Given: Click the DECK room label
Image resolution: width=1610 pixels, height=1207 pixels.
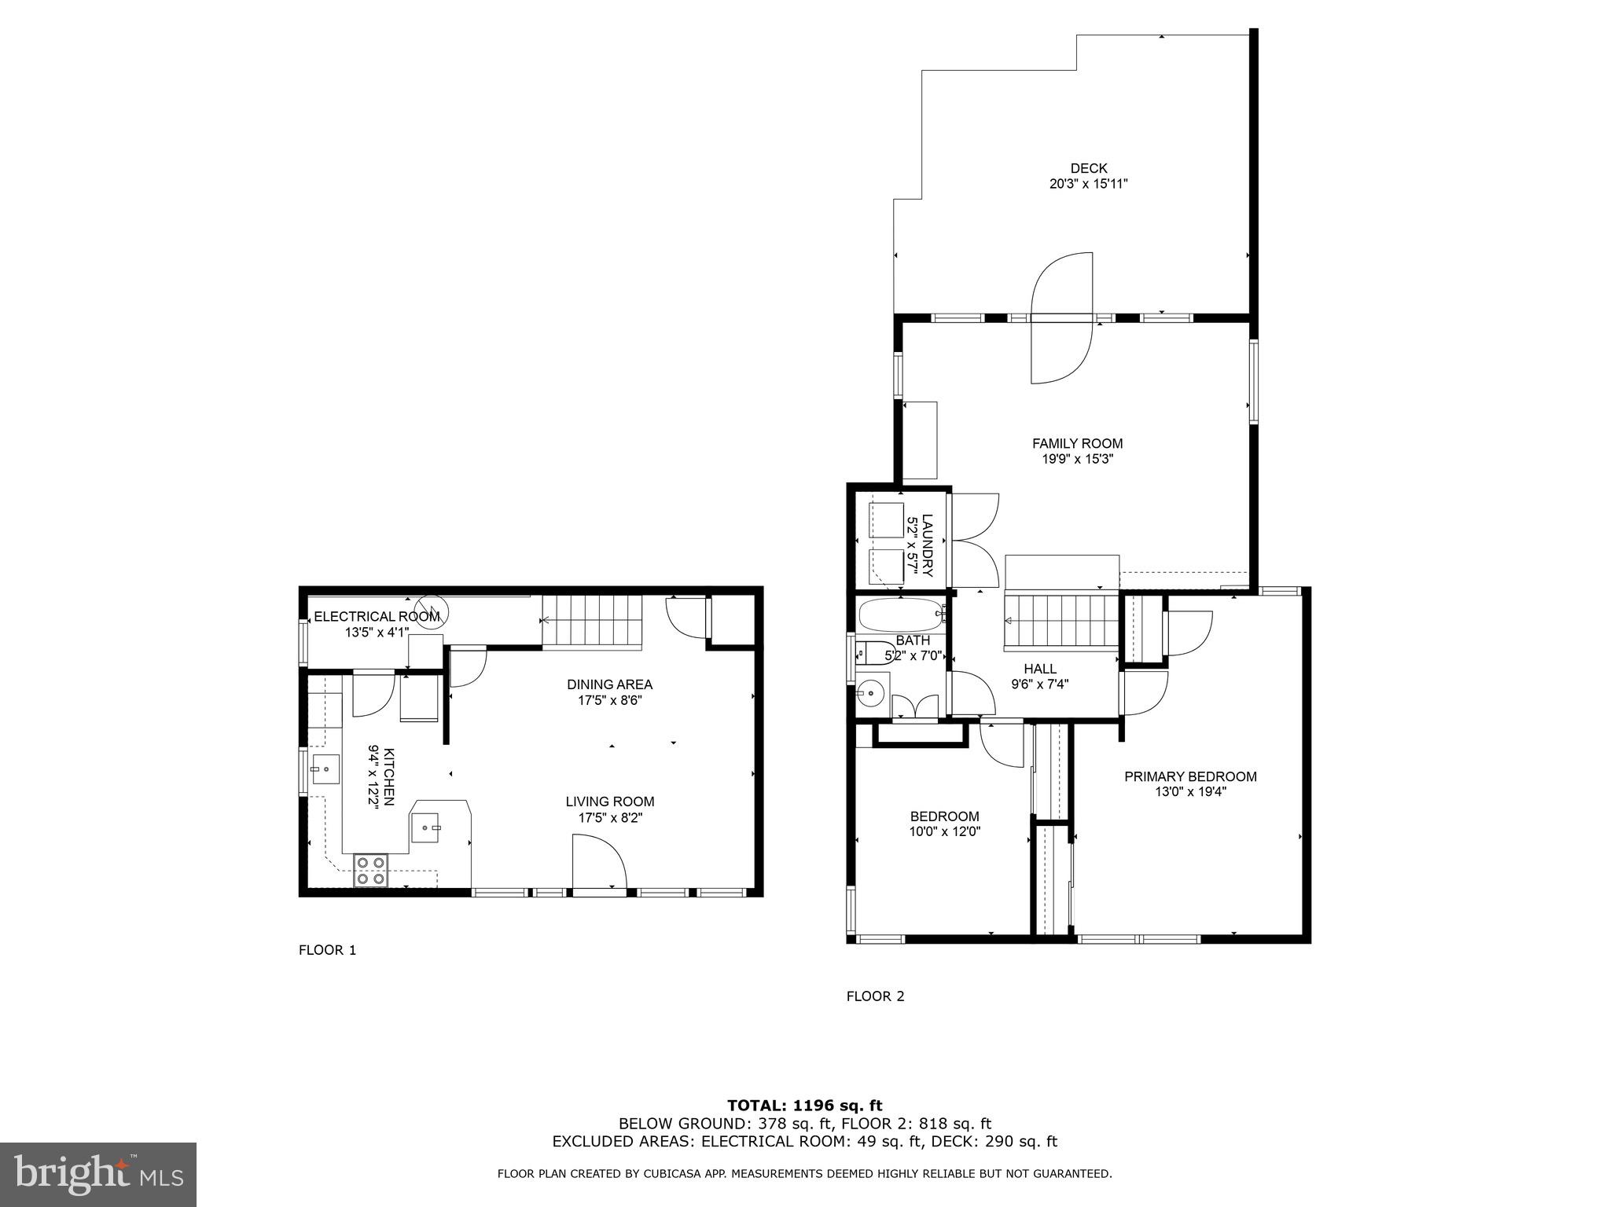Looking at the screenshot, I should [x=1089, y=168].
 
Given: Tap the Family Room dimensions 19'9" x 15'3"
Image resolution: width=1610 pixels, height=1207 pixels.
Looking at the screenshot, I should [x=1077, y=459].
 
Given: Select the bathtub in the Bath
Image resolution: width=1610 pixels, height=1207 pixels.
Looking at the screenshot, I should [x=901, y=615].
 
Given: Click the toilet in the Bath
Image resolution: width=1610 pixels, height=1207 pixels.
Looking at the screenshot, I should [x=873, y=652].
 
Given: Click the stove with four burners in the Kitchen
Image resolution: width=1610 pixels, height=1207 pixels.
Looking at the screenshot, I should [x=371, y=870].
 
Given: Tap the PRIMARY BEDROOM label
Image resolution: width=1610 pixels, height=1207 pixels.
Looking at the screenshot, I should [x=1190, y=776].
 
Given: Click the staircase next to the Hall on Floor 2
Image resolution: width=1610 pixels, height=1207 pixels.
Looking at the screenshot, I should [x=1061, y=622].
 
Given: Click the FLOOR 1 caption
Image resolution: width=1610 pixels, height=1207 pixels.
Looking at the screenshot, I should [x=327, y=950].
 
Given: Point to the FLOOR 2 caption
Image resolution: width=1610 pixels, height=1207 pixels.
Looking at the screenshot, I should [x=875, y=996].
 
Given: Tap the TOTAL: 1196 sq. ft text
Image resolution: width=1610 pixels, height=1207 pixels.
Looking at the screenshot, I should [x=804, y=1106].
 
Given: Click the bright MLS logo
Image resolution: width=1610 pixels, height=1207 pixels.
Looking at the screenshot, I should [x=98, y=1174].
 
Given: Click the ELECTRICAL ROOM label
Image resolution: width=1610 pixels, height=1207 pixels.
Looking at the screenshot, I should [x=377, y=617].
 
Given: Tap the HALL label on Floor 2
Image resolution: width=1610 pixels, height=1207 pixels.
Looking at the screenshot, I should [x=1040, y=669].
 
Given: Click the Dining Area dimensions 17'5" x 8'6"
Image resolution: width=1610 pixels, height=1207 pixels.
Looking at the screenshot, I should [x=610, y=700].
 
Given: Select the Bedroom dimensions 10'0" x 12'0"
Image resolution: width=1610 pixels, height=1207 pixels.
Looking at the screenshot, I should [x=944, y=831].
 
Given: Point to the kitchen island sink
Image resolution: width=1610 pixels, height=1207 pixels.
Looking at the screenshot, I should [x=428, y=827].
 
